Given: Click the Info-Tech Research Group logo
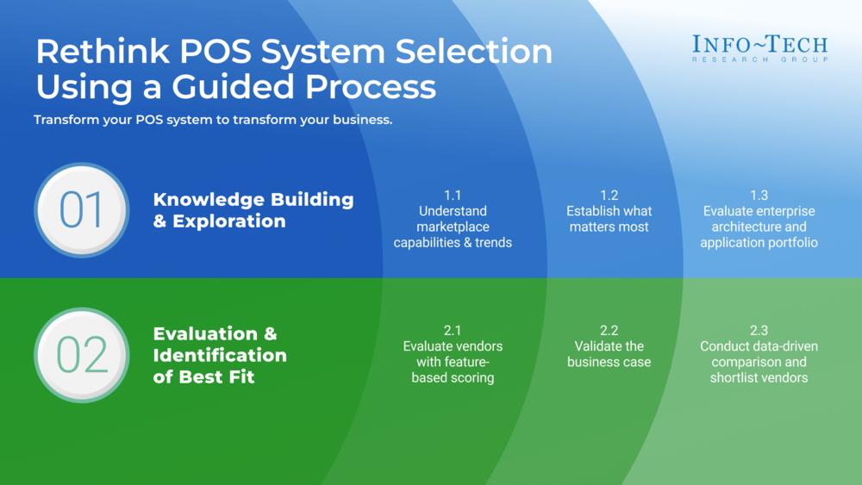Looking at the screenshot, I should (x=759, y=47).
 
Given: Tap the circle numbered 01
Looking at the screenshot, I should (x=82, y=210).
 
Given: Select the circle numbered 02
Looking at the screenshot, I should (x=82, y=355).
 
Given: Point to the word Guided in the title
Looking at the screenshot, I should (x=239, y=87).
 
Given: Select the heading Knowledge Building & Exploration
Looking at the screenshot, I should (x=253, y=210).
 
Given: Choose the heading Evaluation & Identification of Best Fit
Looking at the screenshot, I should (x=220, y=355).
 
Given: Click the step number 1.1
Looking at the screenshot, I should (x=453, y=196).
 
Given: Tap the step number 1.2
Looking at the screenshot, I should (x=609, y=196).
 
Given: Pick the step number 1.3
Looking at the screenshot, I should (x=759, y=196).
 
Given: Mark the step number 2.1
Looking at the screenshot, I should (x=453, y=330).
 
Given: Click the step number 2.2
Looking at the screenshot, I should (x=609, y=330).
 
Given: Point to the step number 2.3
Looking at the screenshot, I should (x=759, y=330).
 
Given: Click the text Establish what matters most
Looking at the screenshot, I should (x=609, y=219).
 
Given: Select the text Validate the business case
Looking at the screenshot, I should (x=609, y=354).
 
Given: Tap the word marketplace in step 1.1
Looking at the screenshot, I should (x=453, y=227).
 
